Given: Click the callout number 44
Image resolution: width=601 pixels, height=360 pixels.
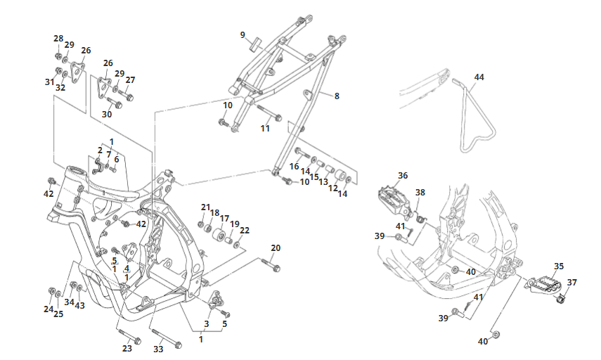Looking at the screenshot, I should click(479, 77).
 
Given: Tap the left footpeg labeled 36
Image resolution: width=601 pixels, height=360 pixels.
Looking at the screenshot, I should click(394, 198).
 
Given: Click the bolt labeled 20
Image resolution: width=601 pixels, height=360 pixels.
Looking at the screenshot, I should click(271, 265).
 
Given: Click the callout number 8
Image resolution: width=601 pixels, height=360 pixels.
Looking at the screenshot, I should click(337, 96).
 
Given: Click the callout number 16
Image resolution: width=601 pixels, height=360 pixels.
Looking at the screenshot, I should click(295, 166).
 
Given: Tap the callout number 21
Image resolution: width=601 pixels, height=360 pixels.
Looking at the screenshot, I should click(205, 207).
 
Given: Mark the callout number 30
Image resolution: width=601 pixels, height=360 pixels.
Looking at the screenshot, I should click(107, 114).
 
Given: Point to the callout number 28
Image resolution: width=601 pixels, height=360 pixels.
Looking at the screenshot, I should click(58, 38).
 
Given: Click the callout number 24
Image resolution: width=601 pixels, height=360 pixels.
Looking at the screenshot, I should click(49, 309).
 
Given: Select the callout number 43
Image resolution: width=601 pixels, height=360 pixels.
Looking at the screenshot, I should click(80, 306).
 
